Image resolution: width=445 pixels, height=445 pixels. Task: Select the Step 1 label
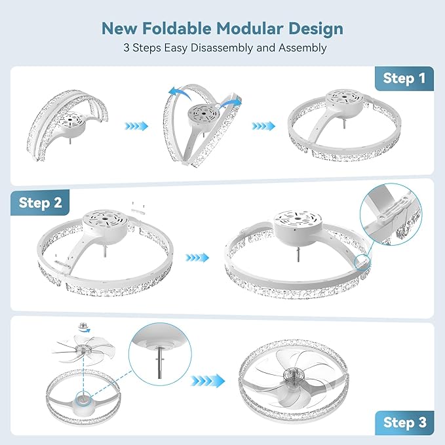[x=404, y=79]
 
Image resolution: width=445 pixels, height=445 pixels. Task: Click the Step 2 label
[x=40, y=203]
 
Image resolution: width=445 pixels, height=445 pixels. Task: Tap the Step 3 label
[x=404, y=422]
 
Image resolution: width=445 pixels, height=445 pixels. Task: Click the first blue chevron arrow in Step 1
[x=136, y=126]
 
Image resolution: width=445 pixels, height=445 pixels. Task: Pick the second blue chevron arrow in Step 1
[x=263, y=126]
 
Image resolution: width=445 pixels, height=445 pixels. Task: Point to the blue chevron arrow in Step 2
[x=197, y=258]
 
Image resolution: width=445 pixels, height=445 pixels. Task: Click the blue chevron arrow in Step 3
[x=208, y=380]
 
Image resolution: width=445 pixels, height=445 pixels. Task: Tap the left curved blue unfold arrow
[x=180, y=93]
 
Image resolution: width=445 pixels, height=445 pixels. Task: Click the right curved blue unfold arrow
[x=231, y=103]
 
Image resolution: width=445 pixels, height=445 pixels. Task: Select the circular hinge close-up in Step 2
[x=391, y=214]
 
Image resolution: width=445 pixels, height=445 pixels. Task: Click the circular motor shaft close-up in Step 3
[x=160, y=354]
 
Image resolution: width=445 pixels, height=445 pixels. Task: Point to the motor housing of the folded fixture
[x=71, y=123]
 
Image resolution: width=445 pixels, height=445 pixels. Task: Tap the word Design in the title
[x=316, y=29]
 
